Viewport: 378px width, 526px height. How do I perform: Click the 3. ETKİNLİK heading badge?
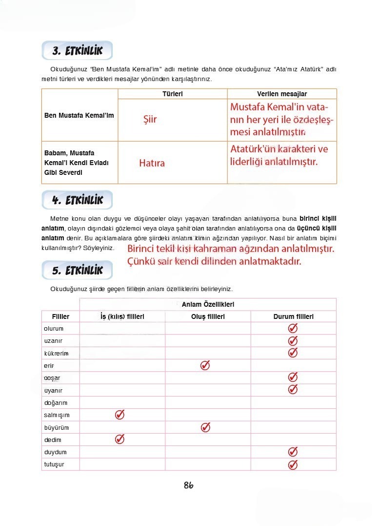[78, 51]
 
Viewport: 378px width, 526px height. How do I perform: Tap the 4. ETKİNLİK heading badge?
[78, 200]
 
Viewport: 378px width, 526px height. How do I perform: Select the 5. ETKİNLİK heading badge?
[78, 270]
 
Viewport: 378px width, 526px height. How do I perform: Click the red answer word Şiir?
[150, 119]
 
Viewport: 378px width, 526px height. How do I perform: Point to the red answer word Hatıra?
[152, 163]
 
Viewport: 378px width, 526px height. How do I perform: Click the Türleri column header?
[172, 94]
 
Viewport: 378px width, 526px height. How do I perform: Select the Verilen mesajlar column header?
[282, 94]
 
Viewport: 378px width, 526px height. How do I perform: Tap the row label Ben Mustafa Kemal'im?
[79, 116]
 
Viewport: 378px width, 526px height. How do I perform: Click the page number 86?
[189, 485]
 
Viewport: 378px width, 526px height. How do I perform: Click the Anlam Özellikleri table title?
[208, 304]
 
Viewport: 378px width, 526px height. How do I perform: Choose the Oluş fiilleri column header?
[208, 316]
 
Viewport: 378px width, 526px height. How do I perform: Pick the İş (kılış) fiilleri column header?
[122, 316]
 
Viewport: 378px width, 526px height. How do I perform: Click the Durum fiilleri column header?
[293, 316]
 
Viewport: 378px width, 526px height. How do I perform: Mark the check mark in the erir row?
[205, 365]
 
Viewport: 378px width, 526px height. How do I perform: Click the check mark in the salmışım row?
[119, 415]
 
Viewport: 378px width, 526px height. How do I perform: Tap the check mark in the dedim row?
[119, 439]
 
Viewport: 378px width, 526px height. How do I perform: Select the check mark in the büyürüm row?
[205, 427]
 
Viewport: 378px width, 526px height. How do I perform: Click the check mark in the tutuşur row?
[293, 464]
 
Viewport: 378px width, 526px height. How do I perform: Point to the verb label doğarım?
[56, 403]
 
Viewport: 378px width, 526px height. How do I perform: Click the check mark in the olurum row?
[293, 328]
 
